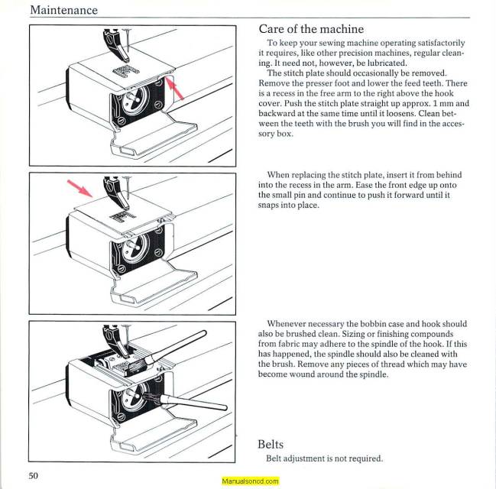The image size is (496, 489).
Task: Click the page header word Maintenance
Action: coord(63,10)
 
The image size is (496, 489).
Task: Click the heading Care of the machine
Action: coord(313,29)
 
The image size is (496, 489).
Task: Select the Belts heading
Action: coord(271,443)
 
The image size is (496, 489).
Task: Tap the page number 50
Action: coord(34,475)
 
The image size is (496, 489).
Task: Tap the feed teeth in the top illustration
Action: coord(123,70)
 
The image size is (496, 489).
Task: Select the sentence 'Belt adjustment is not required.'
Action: coord(324,458)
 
